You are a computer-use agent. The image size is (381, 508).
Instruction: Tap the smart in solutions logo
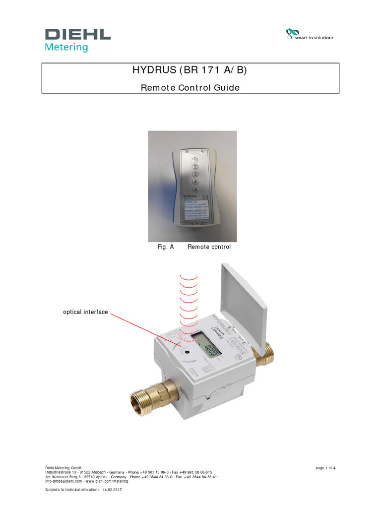[310, 35]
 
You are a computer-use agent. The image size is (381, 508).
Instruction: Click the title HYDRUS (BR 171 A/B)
[190, 70]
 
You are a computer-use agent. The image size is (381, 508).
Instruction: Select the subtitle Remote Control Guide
[190, 88]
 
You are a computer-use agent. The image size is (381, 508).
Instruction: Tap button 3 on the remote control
[195, 174]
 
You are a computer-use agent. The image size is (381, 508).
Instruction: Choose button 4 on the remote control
[195, 182]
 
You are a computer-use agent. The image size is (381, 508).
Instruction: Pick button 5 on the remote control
[195, 189]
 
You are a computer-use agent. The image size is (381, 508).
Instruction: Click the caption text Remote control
[209, 247]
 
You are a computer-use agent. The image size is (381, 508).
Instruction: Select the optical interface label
[85, 312]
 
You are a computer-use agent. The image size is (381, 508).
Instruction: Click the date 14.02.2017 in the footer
[112, 490]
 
